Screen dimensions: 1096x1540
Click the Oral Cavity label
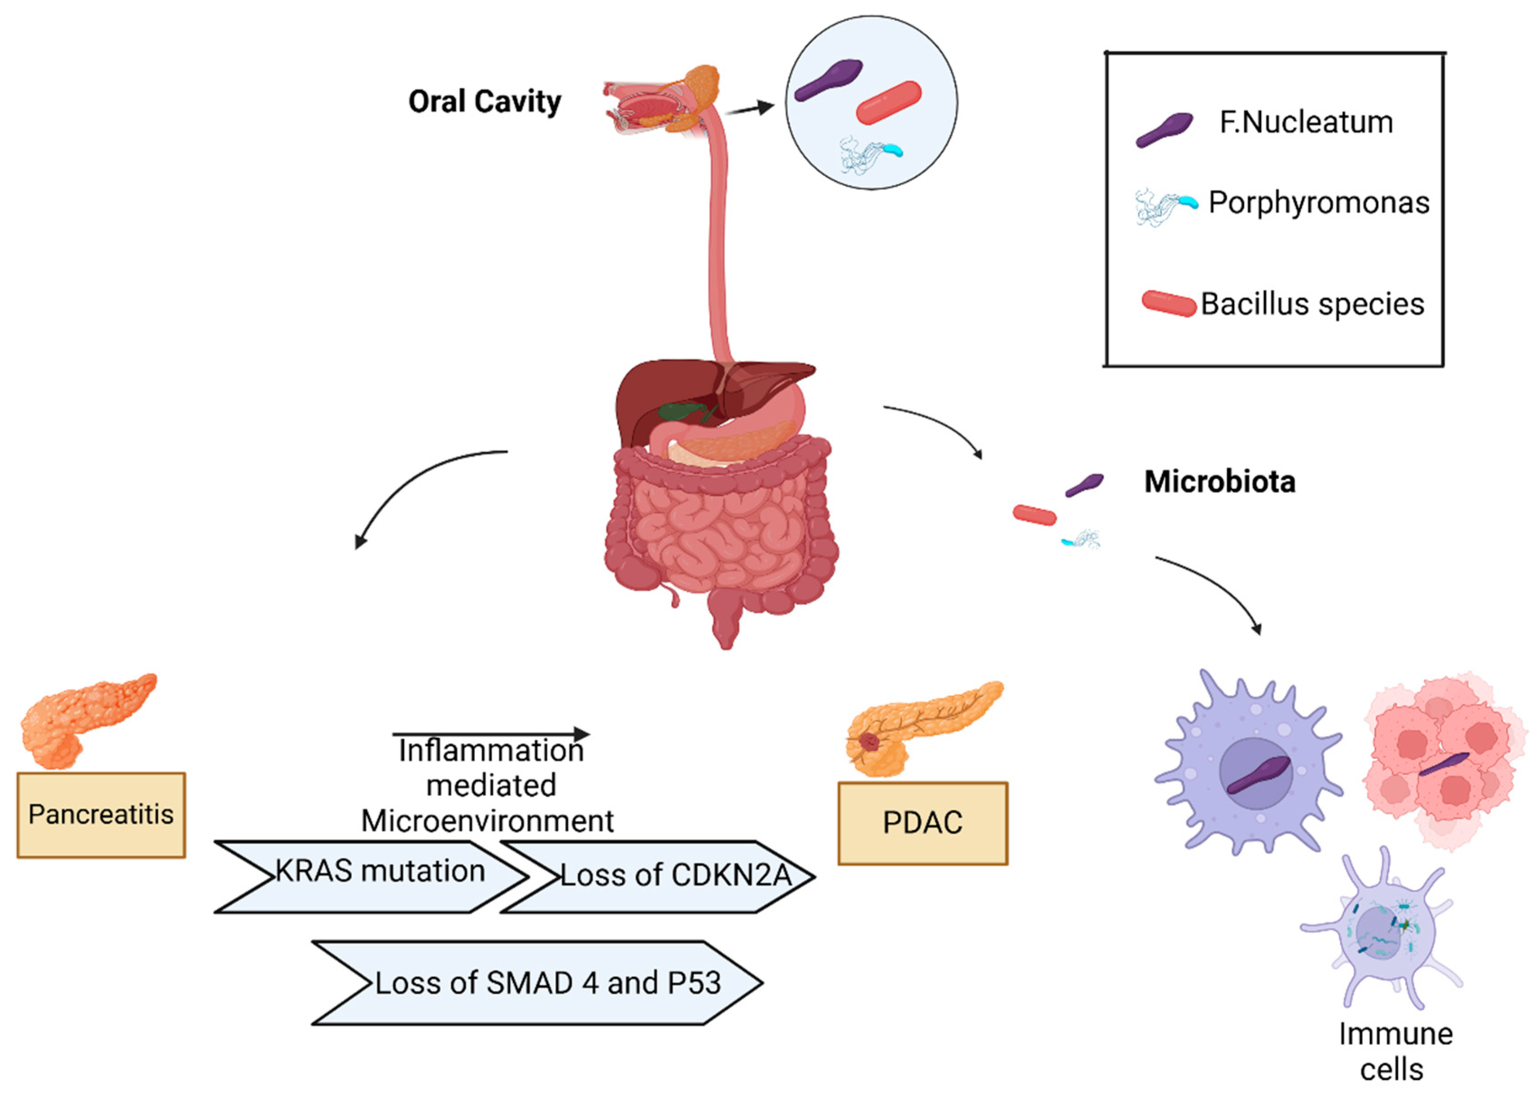(485, 102)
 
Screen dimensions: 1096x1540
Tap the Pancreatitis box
(101, 815)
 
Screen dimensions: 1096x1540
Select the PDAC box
(922, 823)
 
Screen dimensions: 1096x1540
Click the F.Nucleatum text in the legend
(1305, 123)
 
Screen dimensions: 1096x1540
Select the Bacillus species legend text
(1312, 305)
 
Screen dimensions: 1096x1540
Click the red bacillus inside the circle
(889, 103)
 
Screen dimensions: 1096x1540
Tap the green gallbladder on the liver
(681, 411)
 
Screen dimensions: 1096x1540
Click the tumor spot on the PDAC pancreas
(869, 743)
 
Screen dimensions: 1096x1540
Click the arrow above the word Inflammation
(490, 734)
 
